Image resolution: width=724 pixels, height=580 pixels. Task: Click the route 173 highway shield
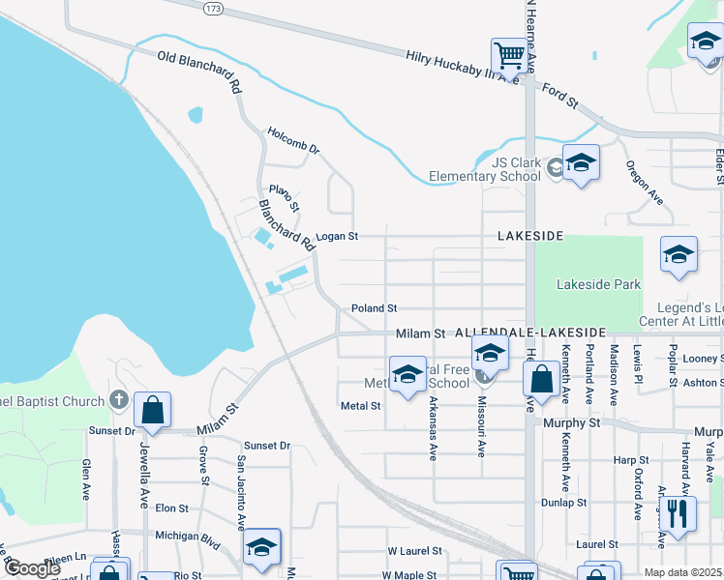213,8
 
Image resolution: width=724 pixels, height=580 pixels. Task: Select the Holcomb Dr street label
293,137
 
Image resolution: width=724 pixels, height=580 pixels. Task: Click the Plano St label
286,197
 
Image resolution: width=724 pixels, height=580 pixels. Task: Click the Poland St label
374,307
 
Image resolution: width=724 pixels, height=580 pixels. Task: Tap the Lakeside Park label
599,285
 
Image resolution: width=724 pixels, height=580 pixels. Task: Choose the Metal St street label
361,406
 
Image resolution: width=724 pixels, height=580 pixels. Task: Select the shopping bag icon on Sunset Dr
152,410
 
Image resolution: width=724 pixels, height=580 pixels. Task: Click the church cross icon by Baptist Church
118,399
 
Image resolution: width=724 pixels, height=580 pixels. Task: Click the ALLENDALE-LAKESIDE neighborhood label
529,332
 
